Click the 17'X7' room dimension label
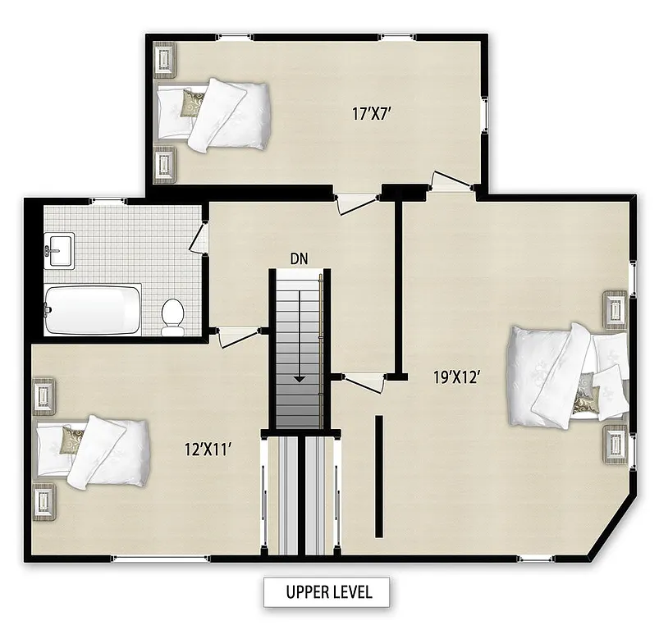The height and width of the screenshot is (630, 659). (x=371, y=114)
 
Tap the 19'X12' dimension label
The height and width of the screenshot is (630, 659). (x=456, y=377)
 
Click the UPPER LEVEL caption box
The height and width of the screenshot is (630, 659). (x=326, y=591)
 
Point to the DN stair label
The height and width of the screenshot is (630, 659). (x=300, y=258)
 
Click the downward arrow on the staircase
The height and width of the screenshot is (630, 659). (x=300, y=345)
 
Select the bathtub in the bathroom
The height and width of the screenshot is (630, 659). (x=92, y=309)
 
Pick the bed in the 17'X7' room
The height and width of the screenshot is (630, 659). (x=215, y=114)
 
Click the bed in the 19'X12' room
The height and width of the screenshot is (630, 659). (x=562, y=376)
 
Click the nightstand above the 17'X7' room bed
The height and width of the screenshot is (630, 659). (x=166, y=60)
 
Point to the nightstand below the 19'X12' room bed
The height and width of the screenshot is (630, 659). (x=616, y=443)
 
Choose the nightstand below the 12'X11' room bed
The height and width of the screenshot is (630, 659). (x=43, y=500)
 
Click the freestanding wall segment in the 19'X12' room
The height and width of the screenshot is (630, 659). (x=379, y=475)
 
